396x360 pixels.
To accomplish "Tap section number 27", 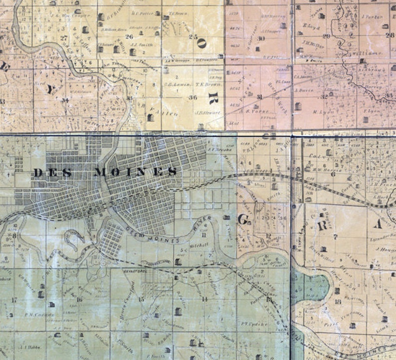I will click(63, 37).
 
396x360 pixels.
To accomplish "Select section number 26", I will click(129, 36).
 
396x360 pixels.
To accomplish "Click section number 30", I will click(260, 38).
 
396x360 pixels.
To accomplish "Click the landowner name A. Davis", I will click(303, 90).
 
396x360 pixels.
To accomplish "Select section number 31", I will click(259, 96).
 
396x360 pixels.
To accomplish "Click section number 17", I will click(14, 300).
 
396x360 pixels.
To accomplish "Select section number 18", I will click(338, 302).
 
